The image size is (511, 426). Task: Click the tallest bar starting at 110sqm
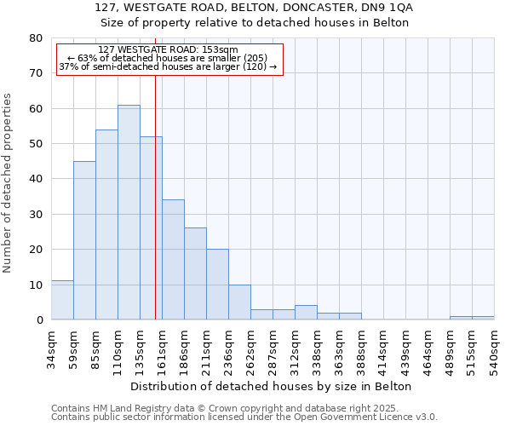tap(129, 212)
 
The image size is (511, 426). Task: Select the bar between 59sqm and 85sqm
tap(84, 240)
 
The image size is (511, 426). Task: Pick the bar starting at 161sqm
tap(173, 260)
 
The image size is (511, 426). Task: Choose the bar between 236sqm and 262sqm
tap(239, 302)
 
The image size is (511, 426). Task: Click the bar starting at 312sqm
tap(306, 313)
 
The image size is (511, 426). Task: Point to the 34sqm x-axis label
tap(51, 348)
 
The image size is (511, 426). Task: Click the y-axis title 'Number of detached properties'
tap(9, 183)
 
